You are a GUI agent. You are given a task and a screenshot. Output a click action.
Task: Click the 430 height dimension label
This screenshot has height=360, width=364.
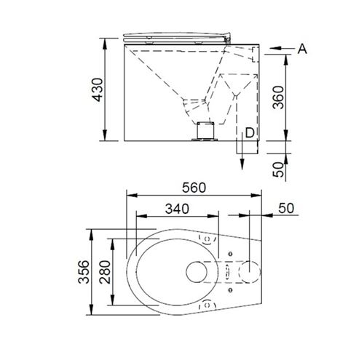(98, 89)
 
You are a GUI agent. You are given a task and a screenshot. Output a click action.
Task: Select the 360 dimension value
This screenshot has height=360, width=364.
(278, 97)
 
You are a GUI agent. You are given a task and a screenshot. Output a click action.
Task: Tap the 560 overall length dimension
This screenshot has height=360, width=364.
(194, 188)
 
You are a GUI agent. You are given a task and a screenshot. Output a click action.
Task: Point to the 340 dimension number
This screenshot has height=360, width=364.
(177, 209)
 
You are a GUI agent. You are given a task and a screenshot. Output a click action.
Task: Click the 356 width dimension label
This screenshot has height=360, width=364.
(84, 272)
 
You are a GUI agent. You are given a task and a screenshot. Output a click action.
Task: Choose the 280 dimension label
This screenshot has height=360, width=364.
(105, 272)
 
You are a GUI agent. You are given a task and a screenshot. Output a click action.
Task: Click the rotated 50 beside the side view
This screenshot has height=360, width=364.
(278, 169)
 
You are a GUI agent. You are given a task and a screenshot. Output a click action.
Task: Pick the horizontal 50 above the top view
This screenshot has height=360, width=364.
(286, 208)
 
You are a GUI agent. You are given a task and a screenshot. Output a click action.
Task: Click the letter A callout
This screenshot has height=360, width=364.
(302, 49)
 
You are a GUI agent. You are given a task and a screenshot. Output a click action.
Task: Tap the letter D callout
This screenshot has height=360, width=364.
(250, 133)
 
